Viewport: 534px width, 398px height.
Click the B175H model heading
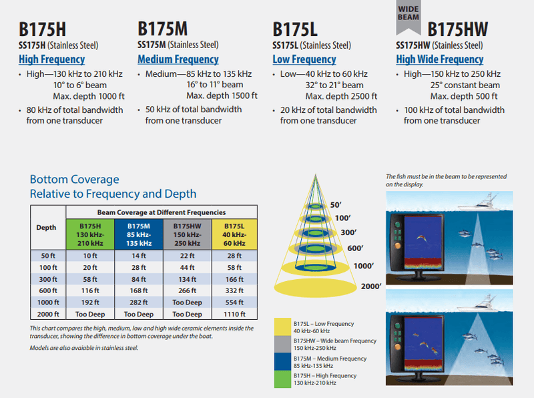[42, 29]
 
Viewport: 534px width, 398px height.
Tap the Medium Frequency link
[178, 59]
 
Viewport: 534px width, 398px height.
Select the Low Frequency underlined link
[304, 59]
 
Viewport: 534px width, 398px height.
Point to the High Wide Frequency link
[440, 59]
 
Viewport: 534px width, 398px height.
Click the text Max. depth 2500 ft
[341, 96]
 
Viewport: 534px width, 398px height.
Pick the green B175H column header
[90, 234]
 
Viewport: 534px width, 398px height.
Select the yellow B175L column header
[234, 234]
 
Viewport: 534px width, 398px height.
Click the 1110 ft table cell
[234, 314]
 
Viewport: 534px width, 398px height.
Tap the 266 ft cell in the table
[188, 290]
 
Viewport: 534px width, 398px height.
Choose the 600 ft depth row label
[48, 290]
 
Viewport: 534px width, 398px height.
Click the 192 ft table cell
[90, 303]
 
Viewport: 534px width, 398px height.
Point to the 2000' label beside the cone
[371, 286]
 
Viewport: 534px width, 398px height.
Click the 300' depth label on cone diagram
[348, 232]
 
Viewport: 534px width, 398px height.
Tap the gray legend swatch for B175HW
[282, 344]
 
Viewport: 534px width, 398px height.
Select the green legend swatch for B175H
[282, 379]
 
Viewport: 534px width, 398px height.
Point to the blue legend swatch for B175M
[282, 361]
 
